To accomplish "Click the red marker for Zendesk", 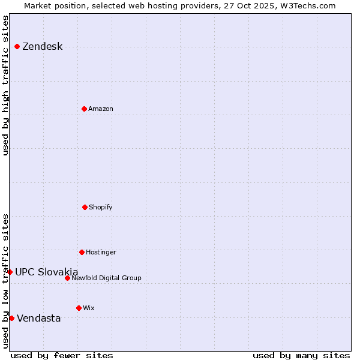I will click(17, 47).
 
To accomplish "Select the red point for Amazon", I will click(84, 109).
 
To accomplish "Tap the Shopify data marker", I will click(85, 207).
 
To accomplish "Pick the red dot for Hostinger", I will click(82, 252).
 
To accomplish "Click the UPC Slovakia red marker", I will click(10, 272).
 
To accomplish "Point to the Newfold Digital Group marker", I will click(67, 278).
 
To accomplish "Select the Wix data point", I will click(79, 308).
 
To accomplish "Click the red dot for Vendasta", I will click(11, 318).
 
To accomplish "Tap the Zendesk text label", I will click(42, 47).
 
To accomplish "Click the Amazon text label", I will click(101, 109).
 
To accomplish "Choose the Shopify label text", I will click(101, 208).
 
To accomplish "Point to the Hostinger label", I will click(101, 253).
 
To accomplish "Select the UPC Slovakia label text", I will click(47, 272).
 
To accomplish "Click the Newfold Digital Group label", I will click(106, 278).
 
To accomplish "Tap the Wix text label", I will click(89, 308).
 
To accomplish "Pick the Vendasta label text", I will click(39, 319).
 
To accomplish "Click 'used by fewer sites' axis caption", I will click(62, 355).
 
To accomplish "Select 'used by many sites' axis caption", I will click(301, 355).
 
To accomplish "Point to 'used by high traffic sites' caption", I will click(5, 85).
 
